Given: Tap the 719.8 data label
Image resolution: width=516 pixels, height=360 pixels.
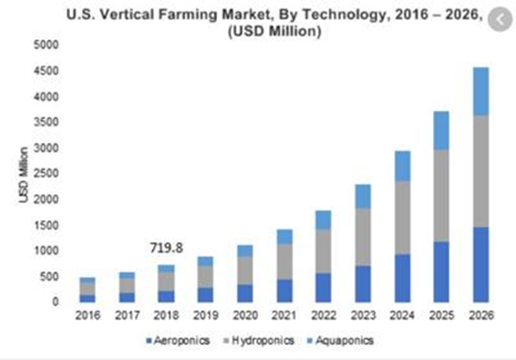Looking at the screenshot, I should tap(167, 247).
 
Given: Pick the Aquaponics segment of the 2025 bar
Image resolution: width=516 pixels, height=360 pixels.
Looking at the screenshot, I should tap(441, 130).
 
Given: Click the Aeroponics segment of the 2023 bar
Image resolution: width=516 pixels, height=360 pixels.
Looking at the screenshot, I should tap(362, 283).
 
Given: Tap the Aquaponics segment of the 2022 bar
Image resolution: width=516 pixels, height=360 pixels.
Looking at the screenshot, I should tap(324, 219).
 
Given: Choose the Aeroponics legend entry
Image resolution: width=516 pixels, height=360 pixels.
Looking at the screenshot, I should tap(178, 340).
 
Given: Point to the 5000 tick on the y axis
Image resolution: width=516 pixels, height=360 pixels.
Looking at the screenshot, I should tap(47, 45).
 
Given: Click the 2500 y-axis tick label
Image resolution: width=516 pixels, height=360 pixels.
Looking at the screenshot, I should tap(47, 173).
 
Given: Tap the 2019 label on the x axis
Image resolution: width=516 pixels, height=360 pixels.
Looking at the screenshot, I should tap(206, 316).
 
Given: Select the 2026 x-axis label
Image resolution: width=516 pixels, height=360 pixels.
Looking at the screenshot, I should tap(480, 316).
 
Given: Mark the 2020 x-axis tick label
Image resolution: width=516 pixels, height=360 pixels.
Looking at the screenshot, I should tap(245, 316).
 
